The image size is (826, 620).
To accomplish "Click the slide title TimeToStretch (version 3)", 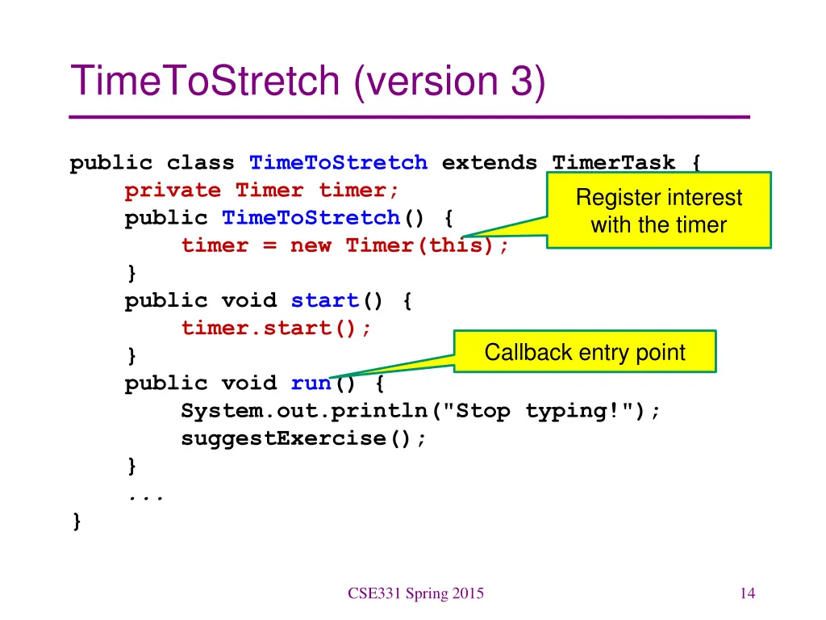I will (308, 82).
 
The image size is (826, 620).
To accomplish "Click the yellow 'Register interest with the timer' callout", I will (659, 210).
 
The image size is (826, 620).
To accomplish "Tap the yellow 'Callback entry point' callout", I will (585, 352).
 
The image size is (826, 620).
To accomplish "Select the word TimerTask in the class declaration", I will (614, 163).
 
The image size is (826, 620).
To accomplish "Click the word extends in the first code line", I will (489, 163).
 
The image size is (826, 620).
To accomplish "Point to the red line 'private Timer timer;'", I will (262, 191).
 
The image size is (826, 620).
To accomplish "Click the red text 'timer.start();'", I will (277, 328).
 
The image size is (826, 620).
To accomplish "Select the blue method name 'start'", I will (324, 300).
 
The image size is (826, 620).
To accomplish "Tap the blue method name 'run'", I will (311, 383).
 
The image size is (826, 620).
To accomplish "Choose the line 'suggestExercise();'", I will (303, 438).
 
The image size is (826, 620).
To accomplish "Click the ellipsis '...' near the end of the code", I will (146, 495).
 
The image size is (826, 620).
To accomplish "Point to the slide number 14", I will (747, 594).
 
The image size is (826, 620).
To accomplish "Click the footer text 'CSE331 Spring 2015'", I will (416, 594).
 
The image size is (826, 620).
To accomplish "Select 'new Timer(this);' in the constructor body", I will (400, 245).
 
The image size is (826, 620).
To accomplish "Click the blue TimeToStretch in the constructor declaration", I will (311, 218).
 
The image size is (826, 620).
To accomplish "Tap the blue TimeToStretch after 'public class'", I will (338, 163).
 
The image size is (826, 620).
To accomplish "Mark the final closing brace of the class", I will (76, 522).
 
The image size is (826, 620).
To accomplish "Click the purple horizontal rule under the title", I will (410, 117).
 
